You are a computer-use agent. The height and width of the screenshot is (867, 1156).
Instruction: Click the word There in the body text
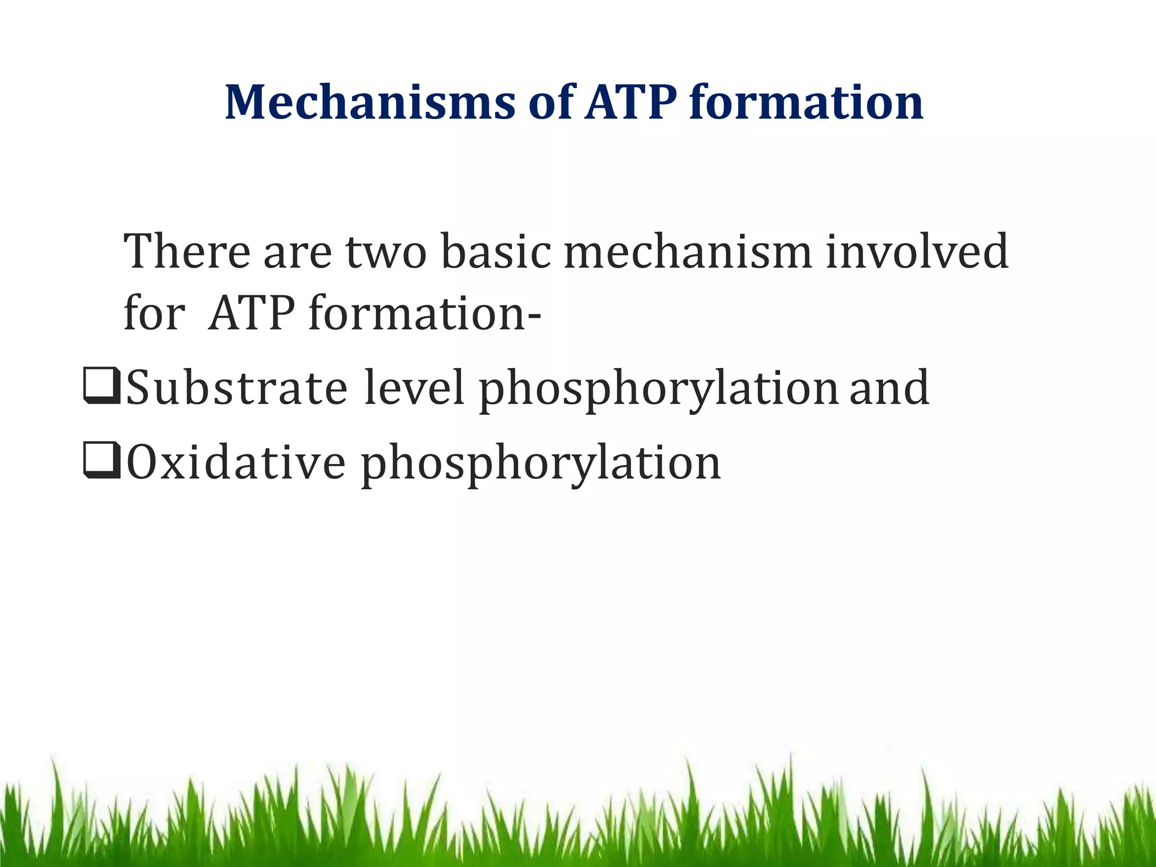pyautogui.click(x=187, y=251)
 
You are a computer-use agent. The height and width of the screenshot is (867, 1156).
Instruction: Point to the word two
pyautogui.click(x=386, y=252)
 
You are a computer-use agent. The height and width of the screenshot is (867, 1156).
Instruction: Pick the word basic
pyautogui.click(x=495, y=251)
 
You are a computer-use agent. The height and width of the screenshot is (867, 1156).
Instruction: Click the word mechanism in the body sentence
pyautogui.click(x=688, y=251)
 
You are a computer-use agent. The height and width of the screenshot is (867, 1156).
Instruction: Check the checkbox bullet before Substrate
pyautogui.click(x=101, y=386)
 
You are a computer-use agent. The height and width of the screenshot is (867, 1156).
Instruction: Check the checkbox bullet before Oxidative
pyautogui.click(x=101, y=461)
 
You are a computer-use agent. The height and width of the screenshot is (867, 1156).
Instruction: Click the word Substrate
pyautogui.click(x=236, y=387)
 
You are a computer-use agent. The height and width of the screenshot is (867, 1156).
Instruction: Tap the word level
pyautogui.click(x=414, y=387)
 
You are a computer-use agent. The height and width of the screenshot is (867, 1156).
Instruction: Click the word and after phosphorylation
pyautogui.click(x=889, y=387)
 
